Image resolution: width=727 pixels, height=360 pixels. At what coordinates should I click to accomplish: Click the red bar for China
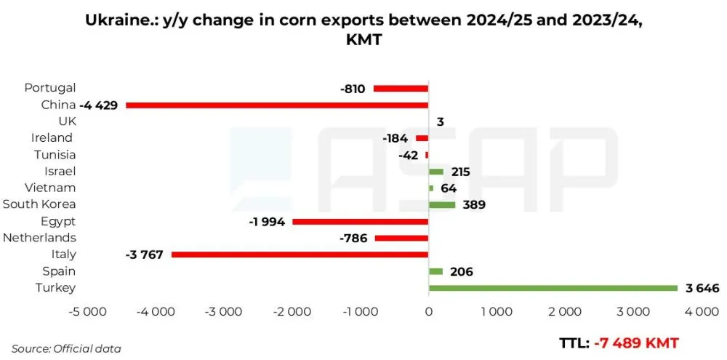(277, 105)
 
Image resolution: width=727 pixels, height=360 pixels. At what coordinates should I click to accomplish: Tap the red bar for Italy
(300, 255)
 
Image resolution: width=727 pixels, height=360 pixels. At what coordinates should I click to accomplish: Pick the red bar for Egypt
(360, 221)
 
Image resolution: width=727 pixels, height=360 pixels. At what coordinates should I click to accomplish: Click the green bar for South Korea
(442, 204)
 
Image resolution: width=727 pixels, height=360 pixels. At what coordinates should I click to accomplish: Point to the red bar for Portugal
(401, 88)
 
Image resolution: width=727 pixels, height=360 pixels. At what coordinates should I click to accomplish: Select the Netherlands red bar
(401, 238)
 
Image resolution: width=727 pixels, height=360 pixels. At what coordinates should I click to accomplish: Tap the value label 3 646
(702, 288)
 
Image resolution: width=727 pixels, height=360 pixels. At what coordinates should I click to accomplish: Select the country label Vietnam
(50, 188)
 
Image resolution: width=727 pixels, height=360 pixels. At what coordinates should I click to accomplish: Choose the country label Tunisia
(55, 154)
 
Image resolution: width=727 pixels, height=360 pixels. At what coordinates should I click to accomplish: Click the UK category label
(67, 121)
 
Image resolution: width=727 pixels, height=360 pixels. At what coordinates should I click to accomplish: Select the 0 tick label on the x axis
(429, 311)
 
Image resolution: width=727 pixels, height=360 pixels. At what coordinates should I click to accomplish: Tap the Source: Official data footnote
(66, 348)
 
